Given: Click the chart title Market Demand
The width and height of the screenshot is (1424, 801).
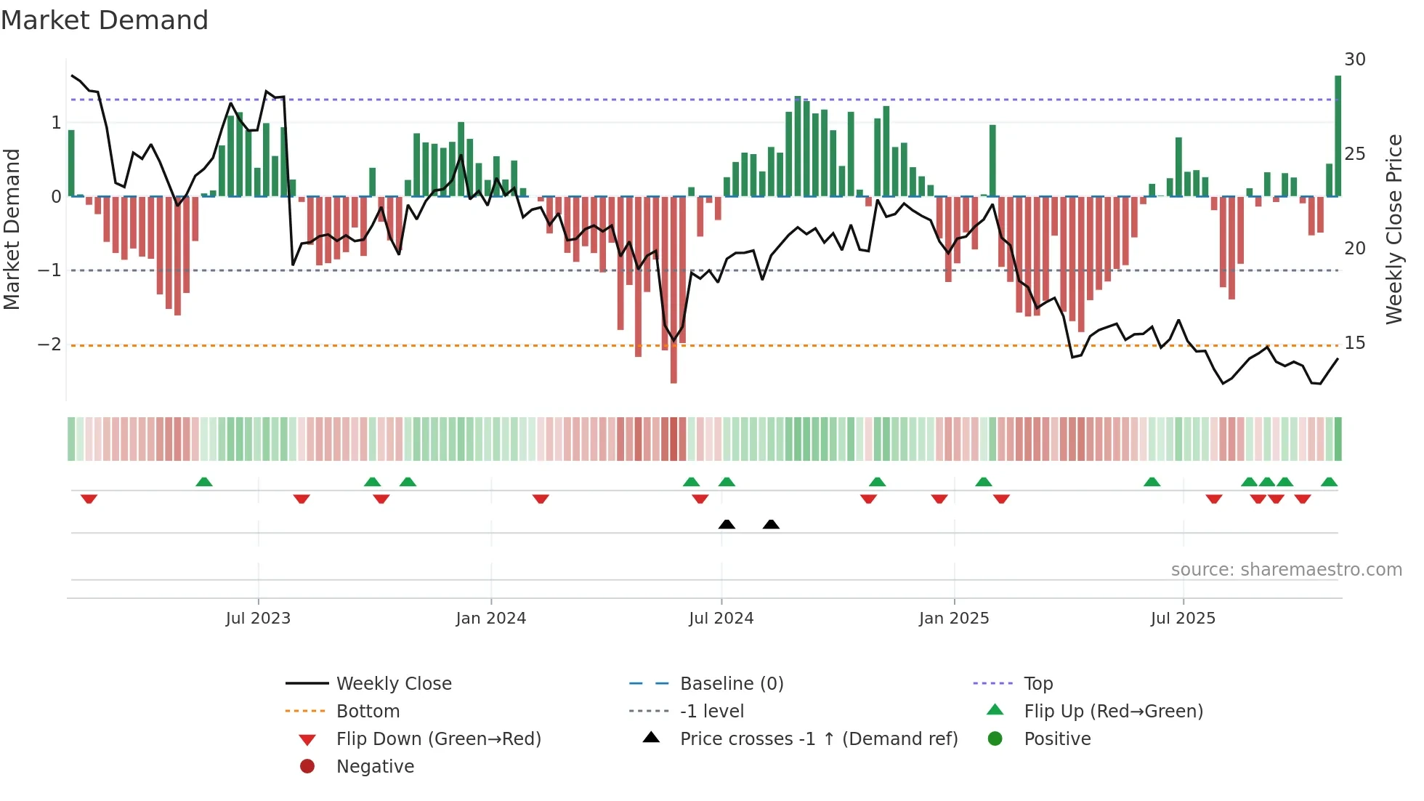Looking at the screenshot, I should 105,20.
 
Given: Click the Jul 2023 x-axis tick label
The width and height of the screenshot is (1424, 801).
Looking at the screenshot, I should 258,619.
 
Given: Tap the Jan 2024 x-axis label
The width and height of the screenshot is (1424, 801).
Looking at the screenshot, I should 490,619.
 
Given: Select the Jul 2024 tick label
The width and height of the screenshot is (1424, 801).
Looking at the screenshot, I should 721,619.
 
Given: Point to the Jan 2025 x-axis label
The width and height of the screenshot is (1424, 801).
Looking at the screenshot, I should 953,619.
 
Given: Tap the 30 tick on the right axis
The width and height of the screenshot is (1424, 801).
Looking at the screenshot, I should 1354,60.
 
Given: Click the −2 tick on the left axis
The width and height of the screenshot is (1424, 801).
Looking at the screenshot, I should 50,345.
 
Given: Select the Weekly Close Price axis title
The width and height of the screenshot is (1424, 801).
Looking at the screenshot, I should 1393,229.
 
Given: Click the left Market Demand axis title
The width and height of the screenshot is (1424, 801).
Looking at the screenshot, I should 12,229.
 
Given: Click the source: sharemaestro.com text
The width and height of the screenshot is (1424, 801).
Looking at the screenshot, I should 1286,570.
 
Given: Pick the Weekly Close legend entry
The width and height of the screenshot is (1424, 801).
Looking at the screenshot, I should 393,684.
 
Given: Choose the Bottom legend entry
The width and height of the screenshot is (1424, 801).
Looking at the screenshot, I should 368,712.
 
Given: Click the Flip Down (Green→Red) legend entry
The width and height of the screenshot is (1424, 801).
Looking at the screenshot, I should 438,739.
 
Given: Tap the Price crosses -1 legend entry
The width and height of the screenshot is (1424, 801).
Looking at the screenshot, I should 818,739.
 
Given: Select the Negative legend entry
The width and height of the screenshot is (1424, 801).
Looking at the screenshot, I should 375,767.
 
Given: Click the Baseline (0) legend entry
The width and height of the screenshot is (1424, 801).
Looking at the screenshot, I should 731,684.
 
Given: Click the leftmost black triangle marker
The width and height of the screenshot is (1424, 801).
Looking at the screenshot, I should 727,524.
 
